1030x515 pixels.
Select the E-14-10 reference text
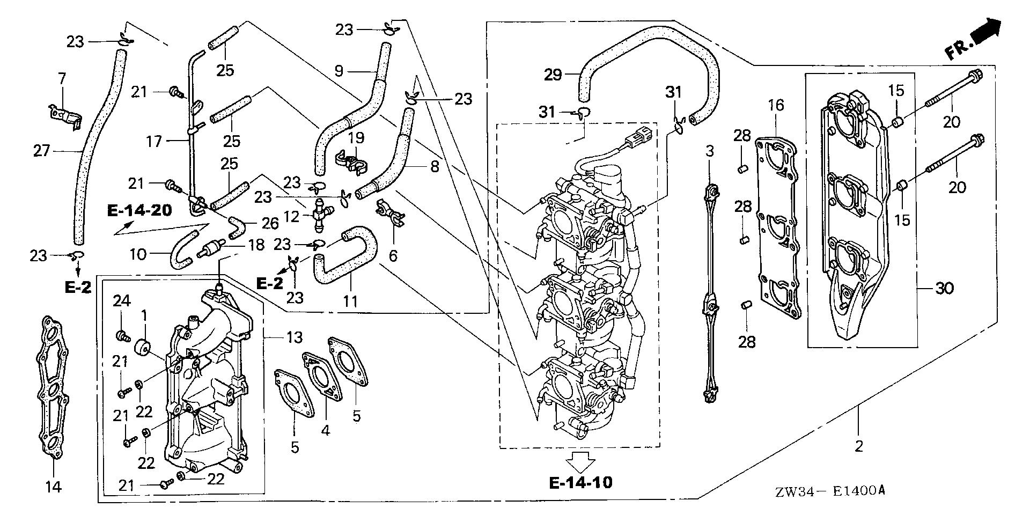(x=580, y=482)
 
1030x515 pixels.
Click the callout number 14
(x=53, y=487)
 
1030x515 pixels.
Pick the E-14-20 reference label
(x=139, y=210)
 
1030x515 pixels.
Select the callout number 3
(x=710, y=151)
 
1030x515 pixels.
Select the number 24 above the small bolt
(x=122, y=302)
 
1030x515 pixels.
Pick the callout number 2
(x=858, y=446)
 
